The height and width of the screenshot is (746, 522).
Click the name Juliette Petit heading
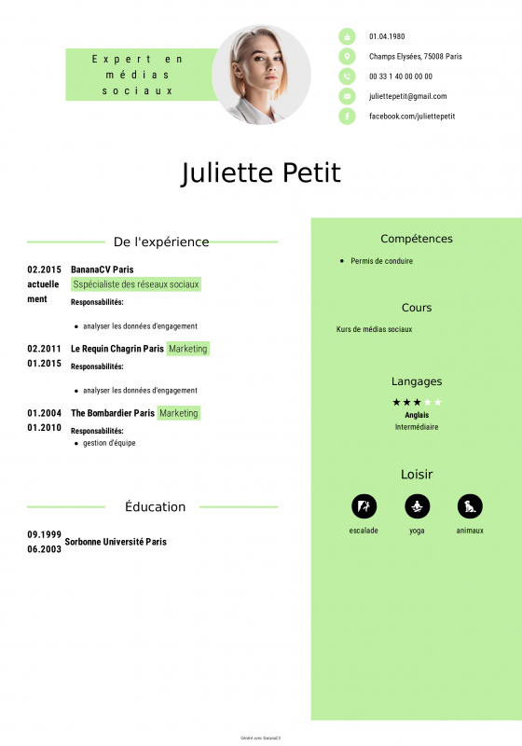tap(261, 173)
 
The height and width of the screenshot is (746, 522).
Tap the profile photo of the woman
tap(261, 75)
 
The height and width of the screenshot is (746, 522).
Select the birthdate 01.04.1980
tap(387, 36)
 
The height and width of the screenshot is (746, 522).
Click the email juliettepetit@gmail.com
tap(407, 96)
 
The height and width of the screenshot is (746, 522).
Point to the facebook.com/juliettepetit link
tap(411, 116)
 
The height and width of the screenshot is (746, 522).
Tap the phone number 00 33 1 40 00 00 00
tap(400, 76)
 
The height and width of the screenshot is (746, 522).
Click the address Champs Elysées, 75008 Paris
tap(415, 56)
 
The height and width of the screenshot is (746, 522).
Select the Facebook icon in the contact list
tap(347, 116)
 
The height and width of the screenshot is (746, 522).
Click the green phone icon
tap(347, 76)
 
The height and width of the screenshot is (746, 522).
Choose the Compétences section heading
tap(417, 239)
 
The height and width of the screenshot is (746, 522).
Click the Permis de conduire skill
tap(381, 261)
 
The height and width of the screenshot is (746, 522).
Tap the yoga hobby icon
tap(417, 506)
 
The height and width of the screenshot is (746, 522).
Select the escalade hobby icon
tap(364, 506)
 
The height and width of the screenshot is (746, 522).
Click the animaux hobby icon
tap(470, 506)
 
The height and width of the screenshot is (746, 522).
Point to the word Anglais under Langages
tap(417, 415)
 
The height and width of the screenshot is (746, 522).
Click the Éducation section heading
tap(155, 507)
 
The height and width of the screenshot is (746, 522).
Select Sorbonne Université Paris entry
tap(116, 542)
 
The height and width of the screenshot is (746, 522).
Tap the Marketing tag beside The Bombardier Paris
tap(178, 413)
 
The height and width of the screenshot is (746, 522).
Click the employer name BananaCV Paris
tap(102, 269)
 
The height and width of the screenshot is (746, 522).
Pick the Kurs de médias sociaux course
tap(374, 329)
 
